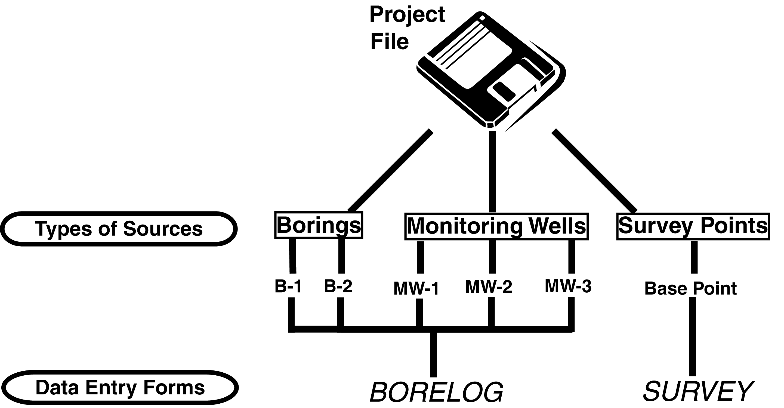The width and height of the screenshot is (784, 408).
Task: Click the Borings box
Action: tap(319, 225)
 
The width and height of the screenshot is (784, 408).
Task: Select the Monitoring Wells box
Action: tap(496, 226)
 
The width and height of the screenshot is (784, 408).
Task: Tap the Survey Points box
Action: tap(693, 226)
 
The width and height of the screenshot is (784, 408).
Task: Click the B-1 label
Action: tap(288, 286)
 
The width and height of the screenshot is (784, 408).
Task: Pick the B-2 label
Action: tap(338, 286)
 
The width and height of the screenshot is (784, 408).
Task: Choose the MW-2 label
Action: tap(489, 287)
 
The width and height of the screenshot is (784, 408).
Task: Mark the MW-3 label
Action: tap(568, 286)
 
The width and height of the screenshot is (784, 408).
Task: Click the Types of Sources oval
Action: tap(119, 229)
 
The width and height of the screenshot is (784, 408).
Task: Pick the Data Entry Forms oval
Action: tap(120, 388)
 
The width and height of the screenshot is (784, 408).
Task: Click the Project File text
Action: tap(407, 28)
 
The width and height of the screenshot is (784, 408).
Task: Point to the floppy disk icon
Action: tap(490, 70)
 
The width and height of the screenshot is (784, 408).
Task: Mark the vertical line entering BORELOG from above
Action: tap(433, 355)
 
